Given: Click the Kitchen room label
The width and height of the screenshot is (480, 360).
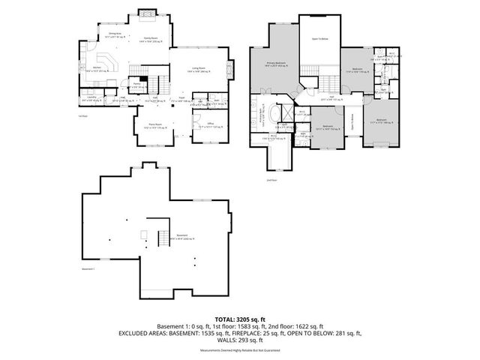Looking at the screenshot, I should click(x=97, y=70).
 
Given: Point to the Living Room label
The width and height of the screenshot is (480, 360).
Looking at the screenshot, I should click(x=198, y=68).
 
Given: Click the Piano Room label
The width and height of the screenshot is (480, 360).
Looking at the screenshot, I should click(x=154, y=125).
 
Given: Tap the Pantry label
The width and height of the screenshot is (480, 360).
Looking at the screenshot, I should click(x=138, y=84).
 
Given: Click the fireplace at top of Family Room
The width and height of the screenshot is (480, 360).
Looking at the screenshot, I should click(x=148, y=12).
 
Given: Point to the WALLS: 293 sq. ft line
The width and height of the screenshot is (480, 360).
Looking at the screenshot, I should click(x=240, y=340).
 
